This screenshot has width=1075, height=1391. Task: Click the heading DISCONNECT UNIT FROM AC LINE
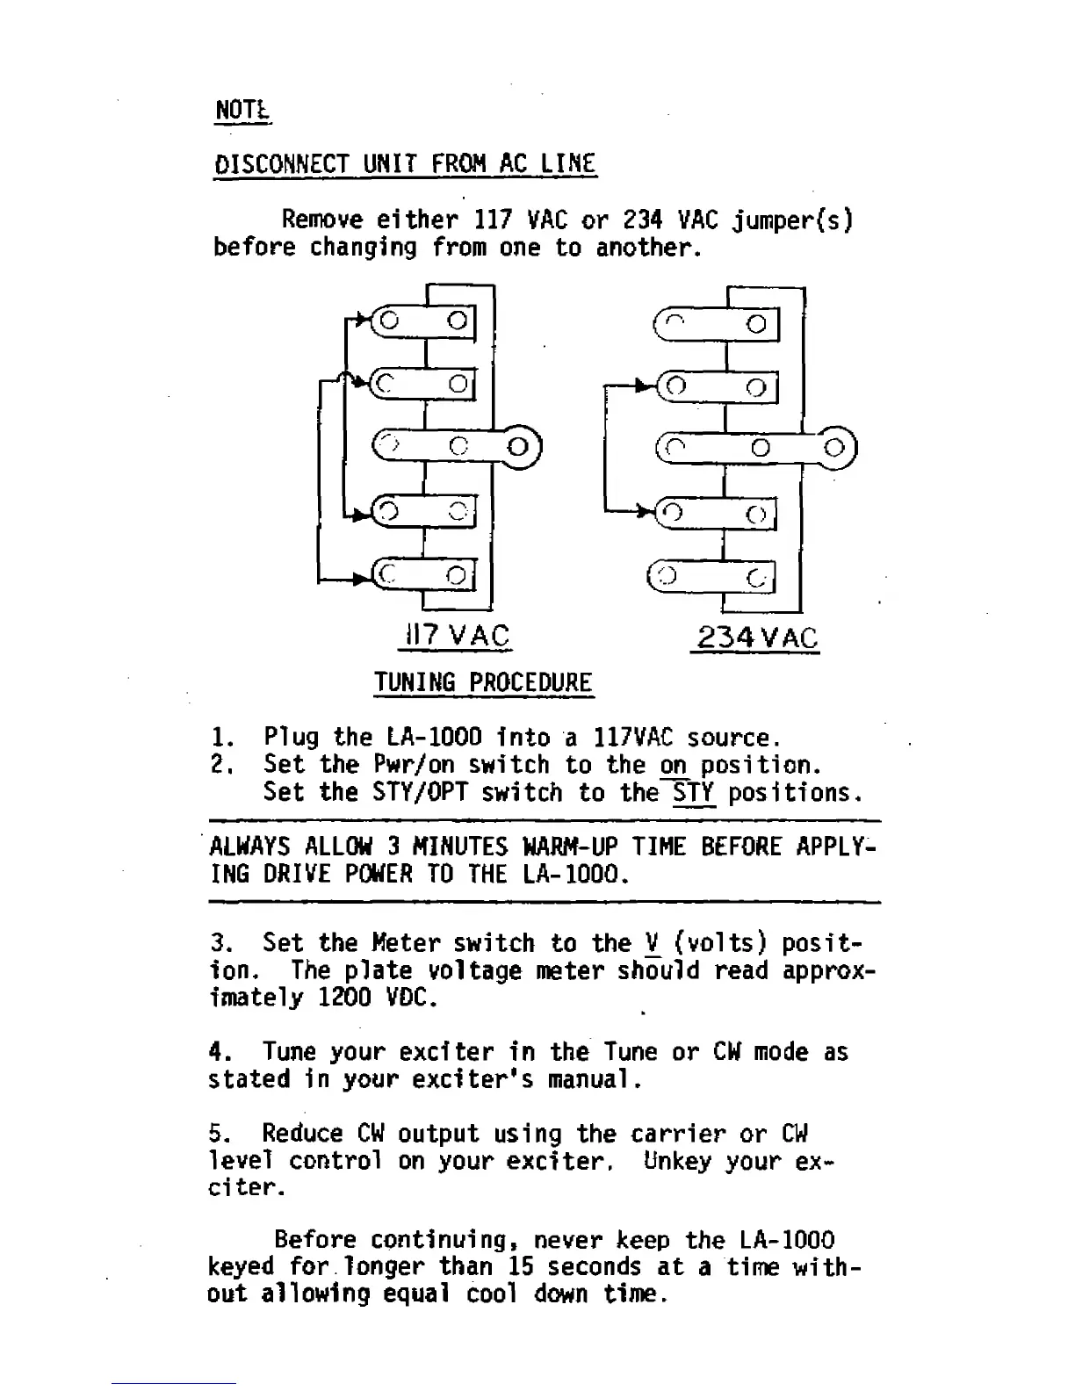point(405,164)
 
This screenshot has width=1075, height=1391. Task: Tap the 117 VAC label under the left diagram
point(455,636)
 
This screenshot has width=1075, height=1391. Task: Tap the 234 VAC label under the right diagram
point(756,638)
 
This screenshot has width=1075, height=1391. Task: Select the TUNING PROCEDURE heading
point(483,682)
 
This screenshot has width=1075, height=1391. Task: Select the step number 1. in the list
point(220,738)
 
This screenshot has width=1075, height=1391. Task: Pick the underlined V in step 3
point(651,944)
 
